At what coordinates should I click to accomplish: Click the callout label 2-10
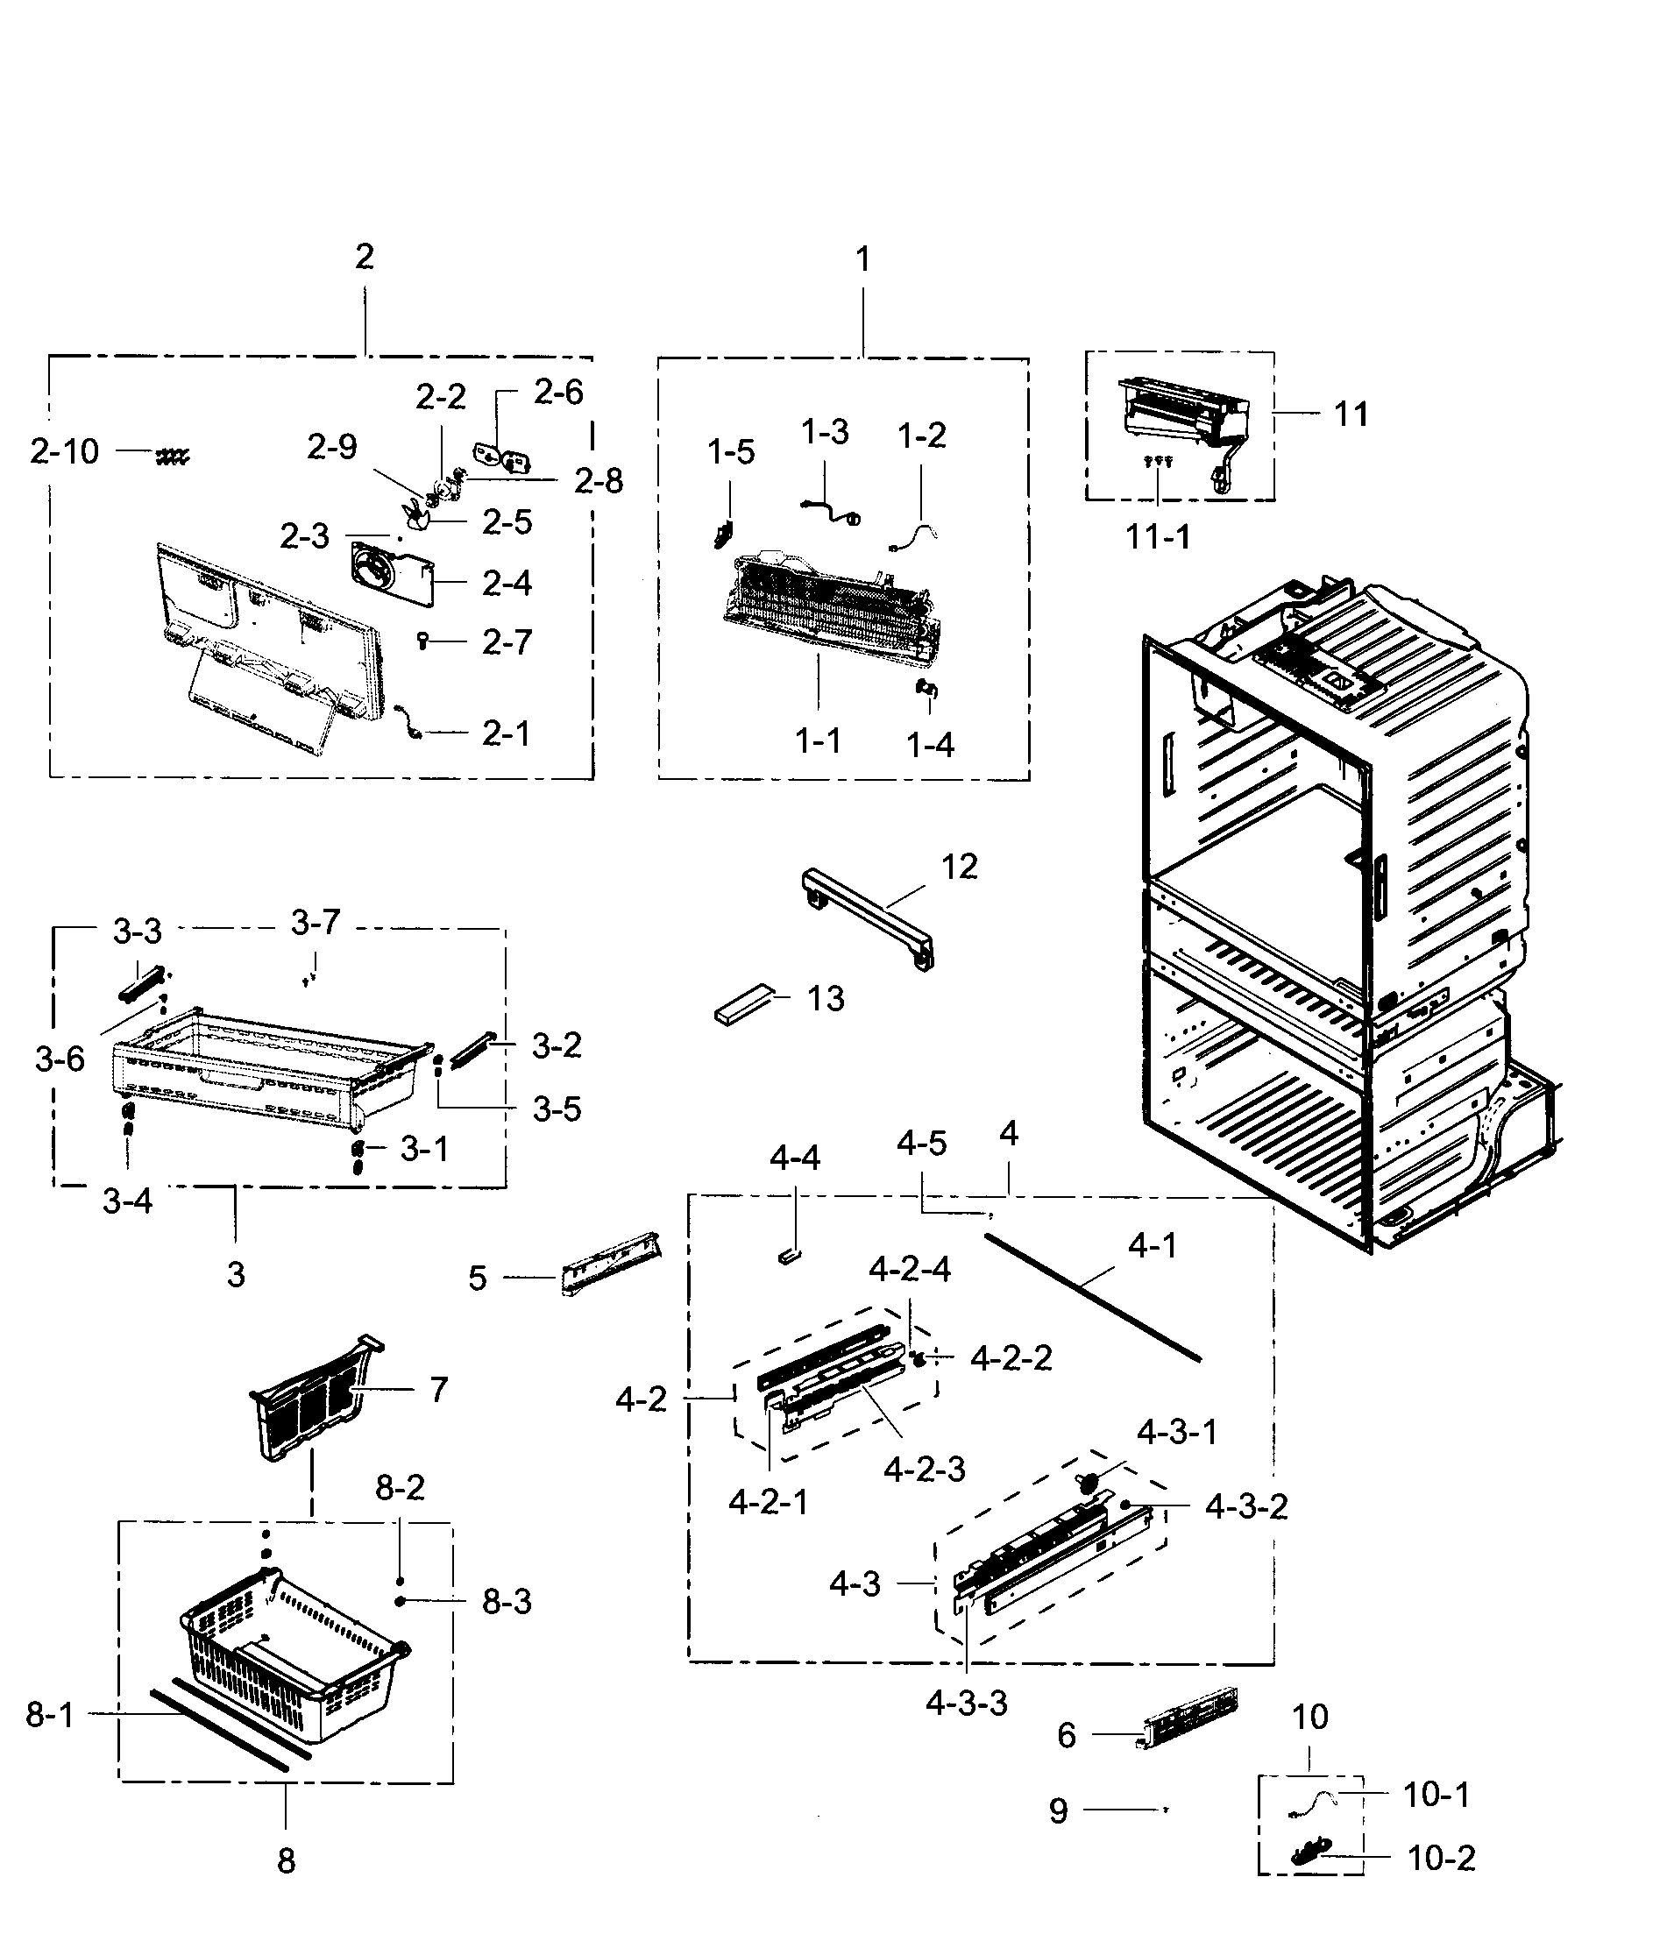coord(63,452)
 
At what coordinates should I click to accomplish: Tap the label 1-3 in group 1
coord(825,431)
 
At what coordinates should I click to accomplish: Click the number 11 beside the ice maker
coord(1351,414)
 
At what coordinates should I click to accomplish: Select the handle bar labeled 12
coord(868,917)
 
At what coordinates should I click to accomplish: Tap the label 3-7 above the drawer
coord(316,922)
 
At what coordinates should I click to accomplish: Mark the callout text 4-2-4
coord(910,1270)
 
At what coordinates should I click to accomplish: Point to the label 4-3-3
coord(967,1704)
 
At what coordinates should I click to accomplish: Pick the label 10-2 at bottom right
coord(1441,1859)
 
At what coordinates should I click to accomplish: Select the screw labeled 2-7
coord(422,641)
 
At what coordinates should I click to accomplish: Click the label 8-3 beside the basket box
coord(507,1602)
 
